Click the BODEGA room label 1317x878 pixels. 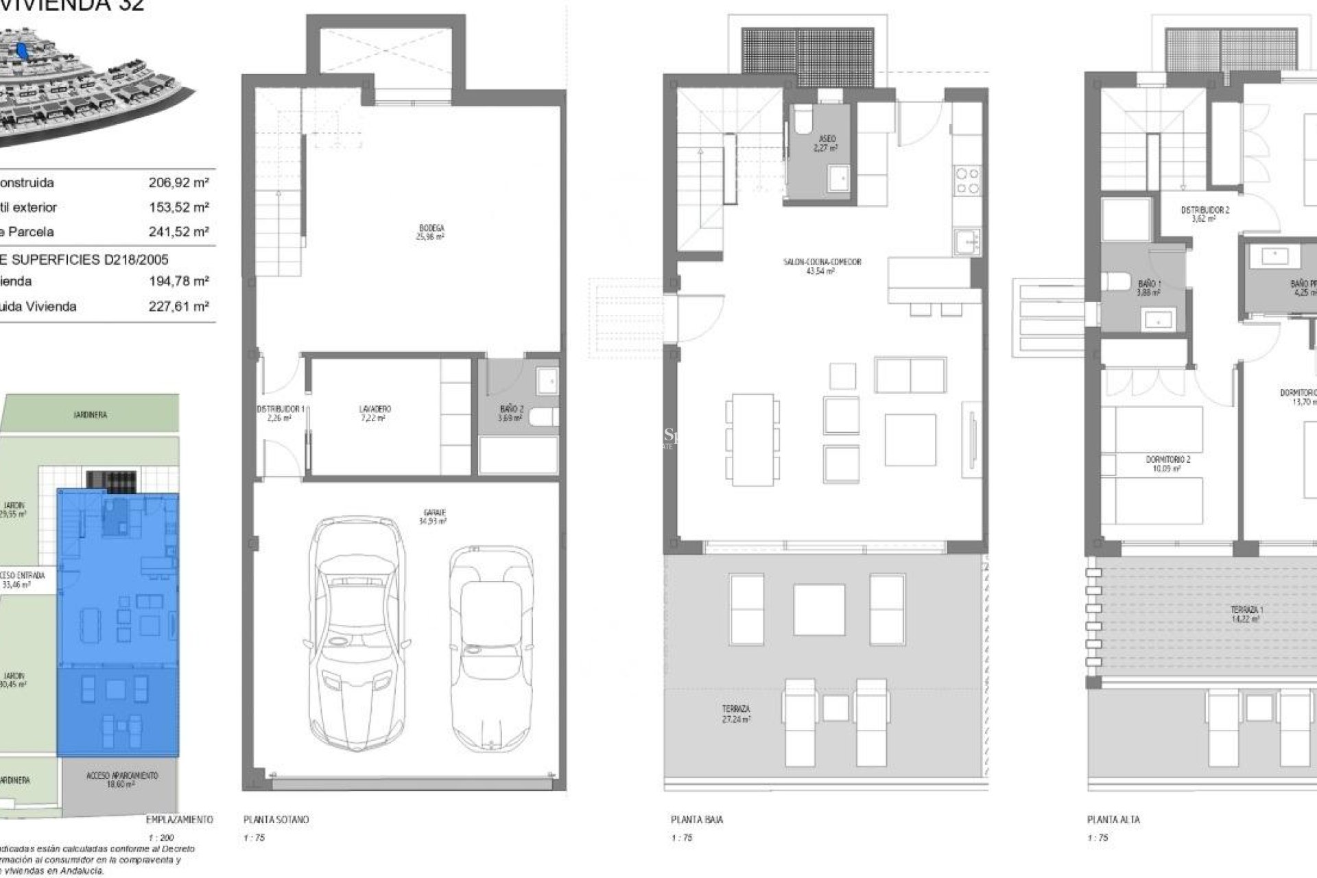(431, 232)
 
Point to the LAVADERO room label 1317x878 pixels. (375, 413)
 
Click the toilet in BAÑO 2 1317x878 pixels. (545, 416)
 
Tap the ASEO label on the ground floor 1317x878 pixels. (827, 143)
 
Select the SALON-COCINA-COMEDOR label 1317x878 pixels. (822, 265)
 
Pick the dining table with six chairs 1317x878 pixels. (752, 439)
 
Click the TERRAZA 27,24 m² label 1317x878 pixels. (735, 713)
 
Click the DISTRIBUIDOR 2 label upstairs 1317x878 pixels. (1205, 213)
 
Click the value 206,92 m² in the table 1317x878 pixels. (178, 182)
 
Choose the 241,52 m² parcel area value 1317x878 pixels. (178, 232)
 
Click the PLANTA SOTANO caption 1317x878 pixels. (276, 820)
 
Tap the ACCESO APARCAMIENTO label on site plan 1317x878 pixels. (122, 779)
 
